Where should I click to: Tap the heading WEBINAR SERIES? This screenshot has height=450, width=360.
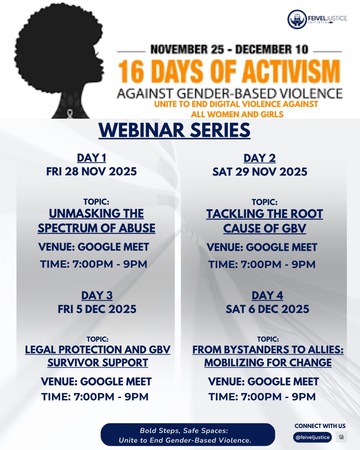click(174, 130)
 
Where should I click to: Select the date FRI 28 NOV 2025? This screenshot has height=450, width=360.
click(91, 172)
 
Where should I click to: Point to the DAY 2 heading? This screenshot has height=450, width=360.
click(259, 158)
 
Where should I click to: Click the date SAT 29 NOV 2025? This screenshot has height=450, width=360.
click(259, 172)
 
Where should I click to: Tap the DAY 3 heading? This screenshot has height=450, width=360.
click(97, 295)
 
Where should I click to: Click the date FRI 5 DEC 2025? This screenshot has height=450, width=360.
click(97, 309)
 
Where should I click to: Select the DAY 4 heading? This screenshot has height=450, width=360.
click(267, 295)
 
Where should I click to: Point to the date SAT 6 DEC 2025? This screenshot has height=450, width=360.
click(267, 309)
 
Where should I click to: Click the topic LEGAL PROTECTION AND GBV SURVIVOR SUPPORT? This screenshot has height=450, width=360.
click(97, 356)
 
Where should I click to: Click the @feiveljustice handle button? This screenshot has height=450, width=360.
click(313, 437)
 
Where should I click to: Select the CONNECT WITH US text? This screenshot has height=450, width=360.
click(320, 426)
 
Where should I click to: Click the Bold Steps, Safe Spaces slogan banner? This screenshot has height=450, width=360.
click(187, 435)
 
